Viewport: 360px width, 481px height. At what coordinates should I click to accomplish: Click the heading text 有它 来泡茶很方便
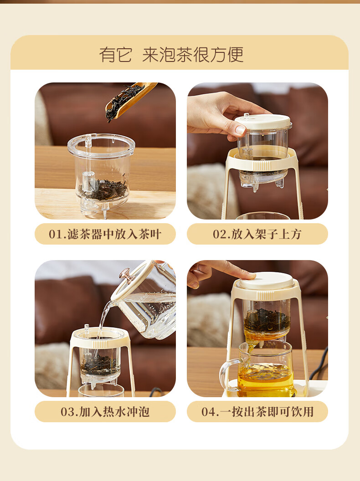tap(171, 55)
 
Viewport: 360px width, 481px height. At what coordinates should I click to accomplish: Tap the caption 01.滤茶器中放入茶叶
tap(105, 234)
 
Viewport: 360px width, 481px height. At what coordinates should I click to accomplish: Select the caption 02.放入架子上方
tap(257, 234)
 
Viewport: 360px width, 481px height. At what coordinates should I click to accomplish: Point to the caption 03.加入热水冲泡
tap(105, 412)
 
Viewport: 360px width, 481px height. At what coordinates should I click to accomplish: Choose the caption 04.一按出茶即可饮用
tap(257, 412)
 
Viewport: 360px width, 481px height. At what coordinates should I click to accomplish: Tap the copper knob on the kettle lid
tap(127, 275)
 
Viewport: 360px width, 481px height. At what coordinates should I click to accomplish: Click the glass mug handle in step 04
tap(229, 374)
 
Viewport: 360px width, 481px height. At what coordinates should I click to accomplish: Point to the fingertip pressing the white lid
tap(249, 275)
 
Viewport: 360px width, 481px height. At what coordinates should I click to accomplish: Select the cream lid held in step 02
tap(263, 122)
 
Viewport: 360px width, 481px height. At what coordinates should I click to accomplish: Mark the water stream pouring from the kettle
tap(103, 319)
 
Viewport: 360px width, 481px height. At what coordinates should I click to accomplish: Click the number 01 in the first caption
tap(56, 235)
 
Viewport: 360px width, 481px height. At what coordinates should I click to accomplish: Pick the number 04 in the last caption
tap(208, 412)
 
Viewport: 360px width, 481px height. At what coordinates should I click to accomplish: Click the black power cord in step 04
tap(318, 365)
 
